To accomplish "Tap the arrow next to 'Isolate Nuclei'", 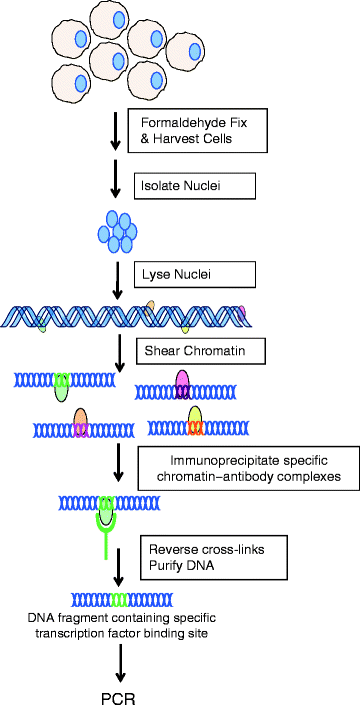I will click(x=119, y=186).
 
